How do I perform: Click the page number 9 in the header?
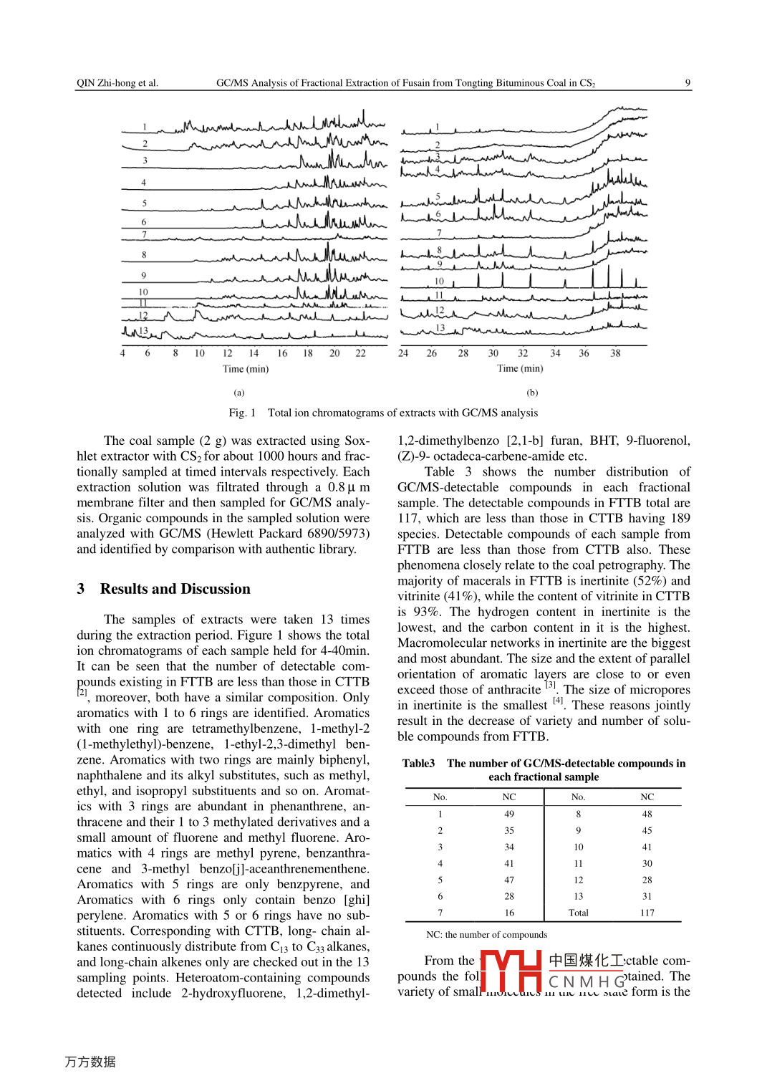[688, 83]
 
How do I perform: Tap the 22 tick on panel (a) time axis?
[360, 353]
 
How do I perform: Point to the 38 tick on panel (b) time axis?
[615, 353]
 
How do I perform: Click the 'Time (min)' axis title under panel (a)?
[246, 369]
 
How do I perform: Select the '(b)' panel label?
[532, 393]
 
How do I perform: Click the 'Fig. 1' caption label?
[242, 413]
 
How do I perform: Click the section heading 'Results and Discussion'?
[175, 589]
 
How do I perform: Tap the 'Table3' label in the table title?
[418, 764]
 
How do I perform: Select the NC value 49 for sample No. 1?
[509, 814]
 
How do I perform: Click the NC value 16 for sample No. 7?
[509, 913]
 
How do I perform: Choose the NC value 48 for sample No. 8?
[647, 814]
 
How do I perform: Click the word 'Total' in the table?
[579, 913]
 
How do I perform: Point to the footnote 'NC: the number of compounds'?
[486, 935]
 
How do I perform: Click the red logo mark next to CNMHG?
[510, 971]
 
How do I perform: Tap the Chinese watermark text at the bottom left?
[90, 1062]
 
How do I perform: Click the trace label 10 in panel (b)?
[439, 282]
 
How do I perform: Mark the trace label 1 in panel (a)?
[145, 128]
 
